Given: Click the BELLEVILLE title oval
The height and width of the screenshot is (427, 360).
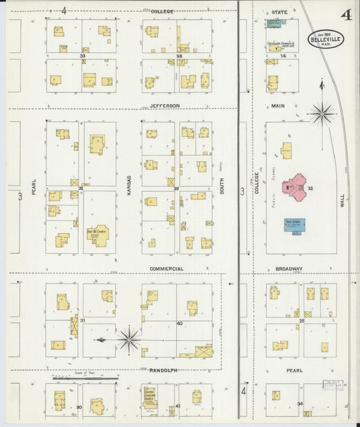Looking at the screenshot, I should (327, 39).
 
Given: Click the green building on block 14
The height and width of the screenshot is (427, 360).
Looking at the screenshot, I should (274, 24).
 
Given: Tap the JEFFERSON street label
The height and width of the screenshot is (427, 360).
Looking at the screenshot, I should (165, 106).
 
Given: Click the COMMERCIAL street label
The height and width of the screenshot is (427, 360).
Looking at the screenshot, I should (166, 268).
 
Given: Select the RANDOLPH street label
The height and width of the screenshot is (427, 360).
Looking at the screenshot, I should (163, 370).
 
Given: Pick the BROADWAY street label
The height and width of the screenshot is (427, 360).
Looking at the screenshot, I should (288, 268).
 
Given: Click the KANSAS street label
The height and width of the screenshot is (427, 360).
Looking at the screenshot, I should (128, 184).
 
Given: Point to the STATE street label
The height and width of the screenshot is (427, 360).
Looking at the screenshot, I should (280, 12).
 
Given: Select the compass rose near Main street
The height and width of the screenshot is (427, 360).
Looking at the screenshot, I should (322, 113).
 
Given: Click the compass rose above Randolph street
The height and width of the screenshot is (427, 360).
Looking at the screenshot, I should (128, 338).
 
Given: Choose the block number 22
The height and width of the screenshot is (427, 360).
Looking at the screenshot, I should (311, 188).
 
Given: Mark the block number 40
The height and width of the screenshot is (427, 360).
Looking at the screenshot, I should (179, 324).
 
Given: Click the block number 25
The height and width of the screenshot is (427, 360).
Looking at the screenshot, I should (302, 321).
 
